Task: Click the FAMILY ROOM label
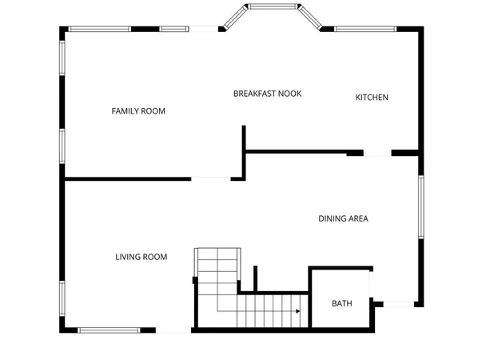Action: [138, 111]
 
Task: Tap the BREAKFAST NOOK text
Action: [267, 94]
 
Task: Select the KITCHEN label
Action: [372, 98]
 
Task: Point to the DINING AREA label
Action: [343, 218]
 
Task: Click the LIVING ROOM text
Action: [141, 257]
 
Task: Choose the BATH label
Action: [341, 303]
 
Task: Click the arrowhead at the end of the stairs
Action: [297, 312]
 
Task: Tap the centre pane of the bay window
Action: [272, 6]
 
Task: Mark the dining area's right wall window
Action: [420, 206]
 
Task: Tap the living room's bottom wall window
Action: [107, 330]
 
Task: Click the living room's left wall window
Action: [62, 297]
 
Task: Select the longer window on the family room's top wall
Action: [99, 30]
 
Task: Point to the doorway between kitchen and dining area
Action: [377, 153]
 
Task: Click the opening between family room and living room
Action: [211, 178]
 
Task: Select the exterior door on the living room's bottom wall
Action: [173, 330]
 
